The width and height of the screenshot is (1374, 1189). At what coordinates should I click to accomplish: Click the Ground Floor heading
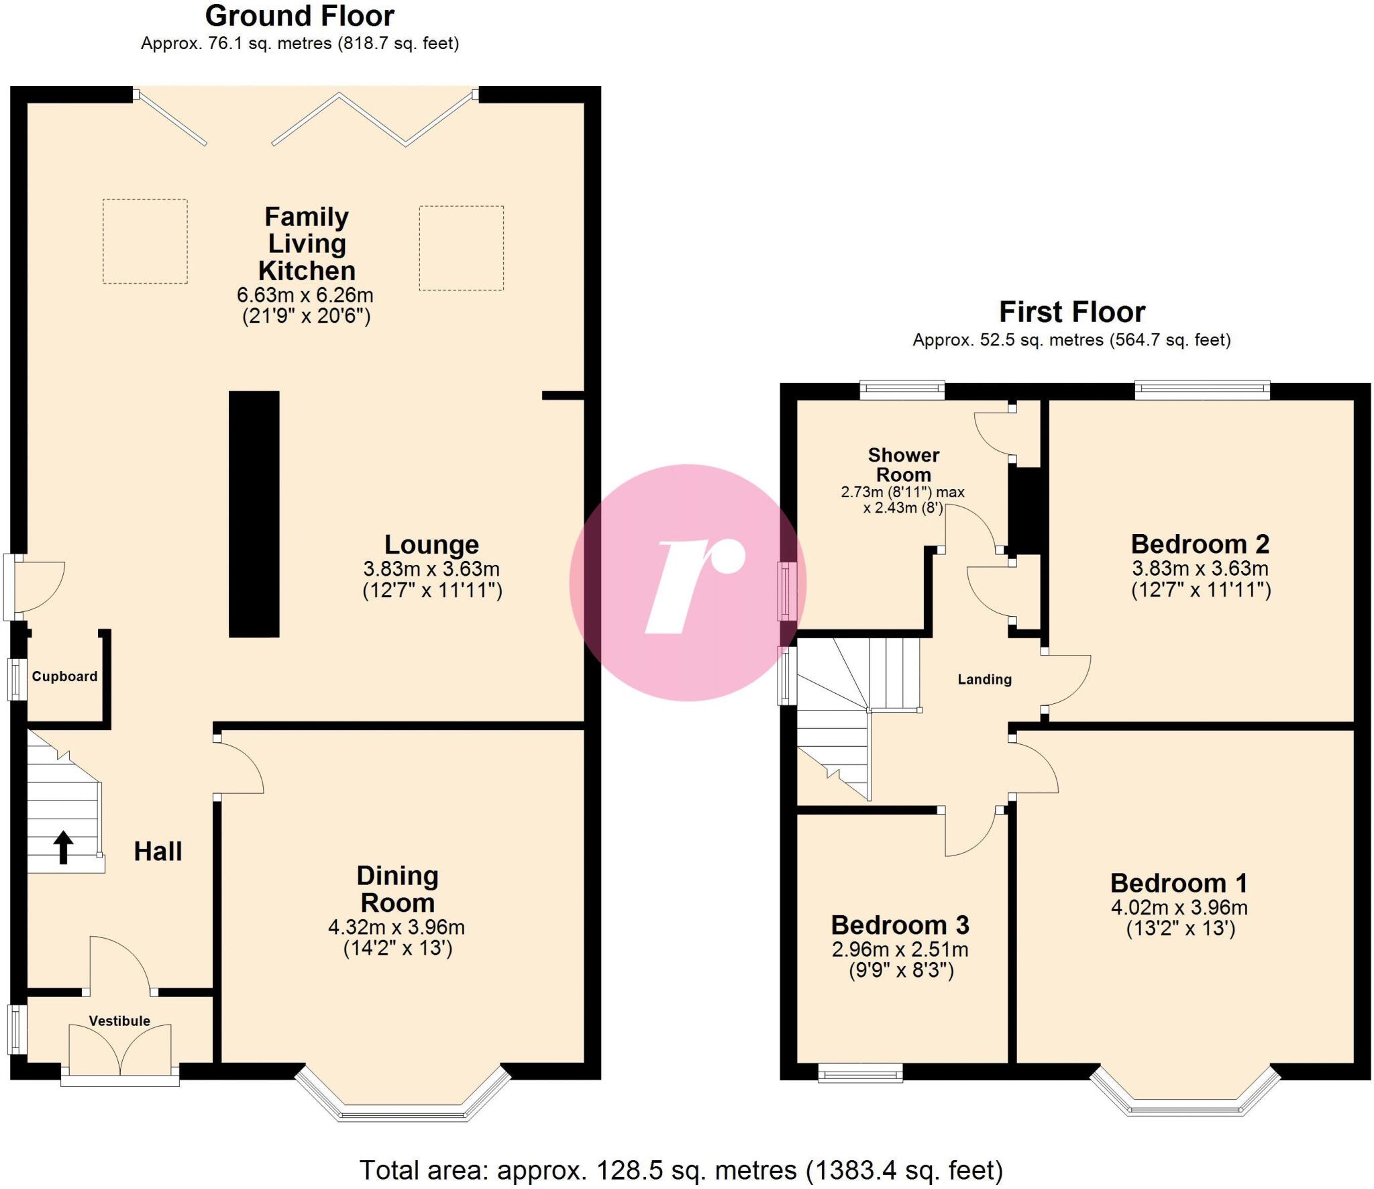300,16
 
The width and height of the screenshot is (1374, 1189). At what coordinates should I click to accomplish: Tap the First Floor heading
1071,312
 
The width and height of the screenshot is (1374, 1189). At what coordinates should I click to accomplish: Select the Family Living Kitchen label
307,244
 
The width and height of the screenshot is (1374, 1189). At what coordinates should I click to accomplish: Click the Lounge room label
431,544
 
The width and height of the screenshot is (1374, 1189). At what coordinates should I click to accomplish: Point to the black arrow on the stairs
63,847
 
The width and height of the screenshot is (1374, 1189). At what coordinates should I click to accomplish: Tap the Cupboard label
64,676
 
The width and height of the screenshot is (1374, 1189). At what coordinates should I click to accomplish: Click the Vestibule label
119,1021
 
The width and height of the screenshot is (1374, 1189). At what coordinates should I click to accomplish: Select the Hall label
158,851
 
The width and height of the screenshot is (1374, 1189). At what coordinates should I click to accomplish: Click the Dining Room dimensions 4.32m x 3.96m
397,927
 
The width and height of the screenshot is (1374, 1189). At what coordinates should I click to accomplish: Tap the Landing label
984,679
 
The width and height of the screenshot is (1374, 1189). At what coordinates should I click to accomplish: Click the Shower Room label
903,464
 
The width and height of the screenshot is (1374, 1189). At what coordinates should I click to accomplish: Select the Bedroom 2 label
1200,544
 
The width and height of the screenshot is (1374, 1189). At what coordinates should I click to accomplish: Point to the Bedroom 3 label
900,925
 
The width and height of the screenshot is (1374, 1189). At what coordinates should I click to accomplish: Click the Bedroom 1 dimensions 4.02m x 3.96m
1179,907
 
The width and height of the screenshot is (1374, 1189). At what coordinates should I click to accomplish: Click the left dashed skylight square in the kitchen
145,241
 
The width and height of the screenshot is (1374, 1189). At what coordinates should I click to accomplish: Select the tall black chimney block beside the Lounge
254,513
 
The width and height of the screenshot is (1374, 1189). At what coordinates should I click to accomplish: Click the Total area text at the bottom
681,1170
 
